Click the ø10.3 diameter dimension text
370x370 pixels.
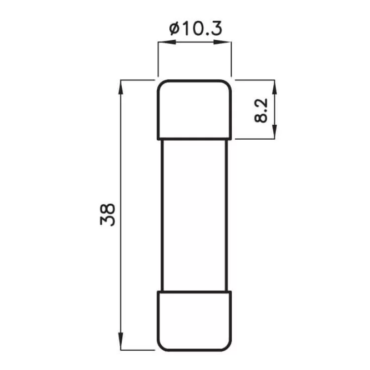click(194, 29)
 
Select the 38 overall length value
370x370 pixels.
click(108, 215)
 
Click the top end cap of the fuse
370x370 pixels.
click(194, 109)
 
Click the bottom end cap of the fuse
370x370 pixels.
click(194, 320)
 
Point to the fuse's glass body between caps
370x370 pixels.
click(194, 215)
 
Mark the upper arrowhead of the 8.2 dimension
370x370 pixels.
click(274, 85)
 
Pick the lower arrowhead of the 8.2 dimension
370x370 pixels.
click(274, 134)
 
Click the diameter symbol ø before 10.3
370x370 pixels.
click(173, 29)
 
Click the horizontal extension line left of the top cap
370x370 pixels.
click(138, 79)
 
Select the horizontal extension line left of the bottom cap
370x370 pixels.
click(138, 350)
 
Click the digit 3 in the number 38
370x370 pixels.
click(108, 221)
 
